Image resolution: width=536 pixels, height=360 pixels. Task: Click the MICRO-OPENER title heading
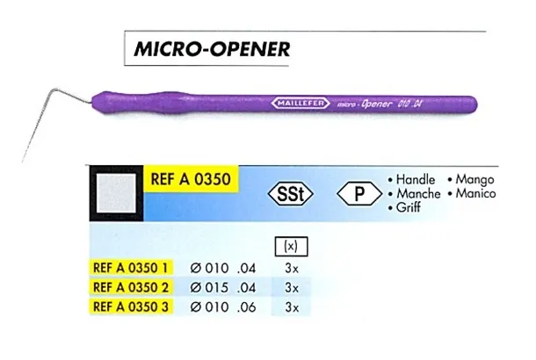pos(212,49)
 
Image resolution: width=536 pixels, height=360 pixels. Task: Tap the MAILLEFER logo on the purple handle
pos(301,103)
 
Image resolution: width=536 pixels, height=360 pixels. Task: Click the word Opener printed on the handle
pos(376,104)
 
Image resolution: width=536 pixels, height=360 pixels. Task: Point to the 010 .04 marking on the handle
pos(409,104)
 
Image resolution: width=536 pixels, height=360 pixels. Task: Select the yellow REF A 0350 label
pos(191,179)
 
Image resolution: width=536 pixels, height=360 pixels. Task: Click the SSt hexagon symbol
pos(291,194)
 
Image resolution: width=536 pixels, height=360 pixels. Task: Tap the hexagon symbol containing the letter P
pos(359,194)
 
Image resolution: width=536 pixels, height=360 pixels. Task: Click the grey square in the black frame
pos(116,193)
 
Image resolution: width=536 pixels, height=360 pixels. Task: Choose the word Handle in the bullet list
pos(416,180)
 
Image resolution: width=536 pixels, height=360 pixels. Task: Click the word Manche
pos(418,194)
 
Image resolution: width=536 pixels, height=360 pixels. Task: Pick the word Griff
pos(409,207)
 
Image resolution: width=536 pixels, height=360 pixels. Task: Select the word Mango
pos(474,180)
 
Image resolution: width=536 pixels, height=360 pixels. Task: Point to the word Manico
pos(475,194)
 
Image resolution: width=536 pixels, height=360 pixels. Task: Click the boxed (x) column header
pos(291,246)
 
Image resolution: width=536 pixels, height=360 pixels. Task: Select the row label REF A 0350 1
pos(131,268)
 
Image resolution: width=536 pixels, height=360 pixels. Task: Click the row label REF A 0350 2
pos(131,287)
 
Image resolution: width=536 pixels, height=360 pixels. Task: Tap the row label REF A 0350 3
pos(131,306)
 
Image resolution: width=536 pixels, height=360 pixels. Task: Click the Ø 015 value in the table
pos(209,288)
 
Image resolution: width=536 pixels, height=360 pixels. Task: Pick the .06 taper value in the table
pos(246,307)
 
